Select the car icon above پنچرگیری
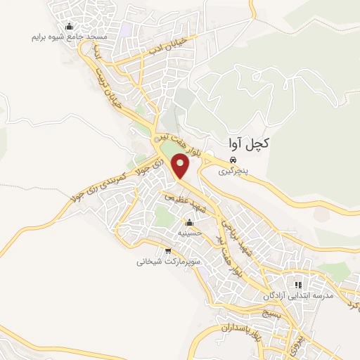pos(232,160)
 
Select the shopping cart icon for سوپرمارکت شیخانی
pos(167,251)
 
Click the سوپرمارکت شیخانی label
pos(167,262)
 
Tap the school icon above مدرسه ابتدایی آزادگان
pos(297,285)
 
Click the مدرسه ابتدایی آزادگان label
pos(297,295)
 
